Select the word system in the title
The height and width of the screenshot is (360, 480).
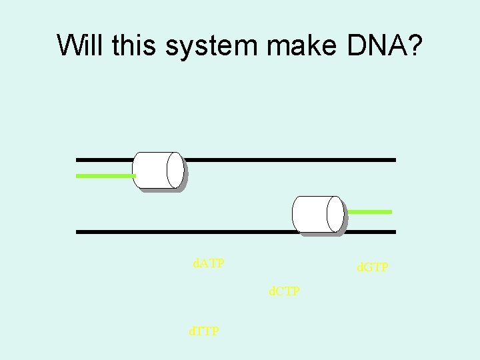209,47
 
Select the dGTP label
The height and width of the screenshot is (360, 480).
373,267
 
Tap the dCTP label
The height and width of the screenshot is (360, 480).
284,291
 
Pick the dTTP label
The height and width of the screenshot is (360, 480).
203,331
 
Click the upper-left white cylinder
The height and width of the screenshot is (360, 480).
156,170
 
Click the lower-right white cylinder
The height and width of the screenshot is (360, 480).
316,214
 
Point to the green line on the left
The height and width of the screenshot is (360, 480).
105,176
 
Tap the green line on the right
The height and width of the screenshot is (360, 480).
370,211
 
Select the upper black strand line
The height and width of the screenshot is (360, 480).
287,160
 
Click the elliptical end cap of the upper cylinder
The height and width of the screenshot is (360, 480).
175,170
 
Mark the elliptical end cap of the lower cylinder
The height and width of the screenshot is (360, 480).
335,214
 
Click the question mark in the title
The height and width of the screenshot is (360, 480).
414,45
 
